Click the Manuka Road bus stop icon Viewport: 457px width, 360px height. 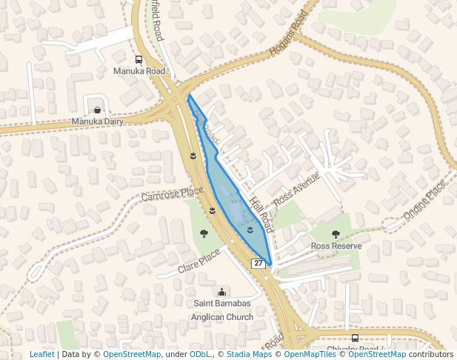(x=139, y=60)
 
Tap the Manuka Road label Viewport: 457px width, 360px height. (x=139, y=71)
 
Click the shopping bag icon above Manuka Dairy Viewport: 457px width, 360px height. (x=97, y=110)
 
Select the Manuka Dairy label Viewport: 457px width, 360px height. (x=97, y=121)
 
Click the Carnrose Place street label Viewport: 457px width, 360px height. (x=172, y=196)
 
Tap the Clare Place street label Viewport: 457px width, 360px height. (x=199, y=260)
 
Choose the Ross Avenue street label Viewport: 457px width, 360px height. (x=296, y=190)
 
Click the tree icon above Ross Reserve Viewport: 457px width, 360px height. (x=336, y=234)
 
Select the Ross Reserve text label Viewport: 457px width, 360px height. (x=336, y=245)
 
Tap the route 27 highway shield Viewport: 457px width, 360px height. (x=258, y=264)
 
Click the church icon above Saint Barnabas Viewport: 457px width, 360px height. (x=222, y=292)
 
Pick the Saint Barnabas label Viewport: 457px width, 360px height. (x=222, y=304)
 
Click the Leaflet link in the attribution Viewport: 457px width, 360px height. (x=41, y=354)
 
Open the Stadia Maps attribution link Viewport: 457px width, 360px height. (x=249, y=354)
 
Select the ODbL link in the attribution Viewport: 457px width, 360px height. (x=199, y=354)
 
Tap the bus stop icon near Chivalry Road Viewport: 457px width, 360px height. (x=355, y=338)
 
